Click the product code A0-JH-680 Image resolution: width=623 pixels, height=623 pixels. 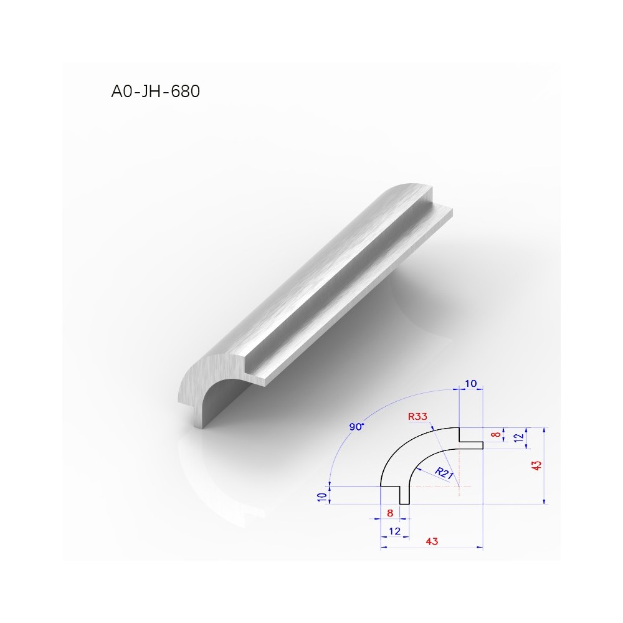click(155, 92)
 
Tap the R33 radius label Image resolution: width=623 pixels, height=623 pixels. click(417, 416)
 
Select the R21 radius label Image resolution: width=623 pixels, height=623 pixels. click(444, 473)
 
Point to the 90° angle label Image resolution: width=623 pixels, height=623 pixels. click(356, 427)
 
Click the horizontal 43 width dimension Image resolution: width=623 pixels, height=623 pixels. click(432, 541)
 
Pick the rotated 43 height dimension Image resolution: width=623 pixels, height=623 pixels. click(536, 465)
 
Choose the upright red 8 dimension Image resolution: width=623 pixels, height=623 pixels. click(390, 513)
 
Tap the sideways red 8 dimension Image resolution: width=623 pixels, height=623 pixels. click(496, 435)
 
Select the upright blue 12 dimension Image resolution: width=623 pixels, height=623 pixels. click(394, 531)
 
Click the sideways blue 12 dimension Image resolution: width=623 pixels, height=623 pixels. click(518, 438)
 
